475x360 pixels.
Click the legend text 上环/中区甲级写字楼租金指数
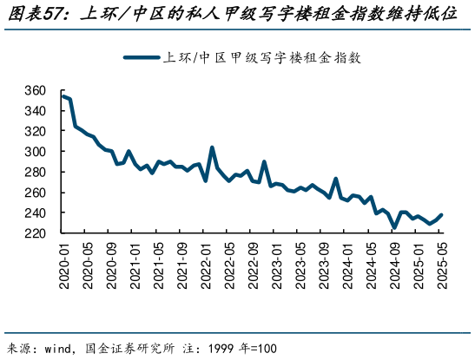click(x=261, y=58)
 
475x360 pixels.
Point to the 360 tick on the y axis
click(x=34, y=90)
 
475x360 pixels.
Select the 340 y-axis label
click(x=34, y=111)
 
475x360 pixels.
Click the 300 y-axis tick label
click(x=34, y=152)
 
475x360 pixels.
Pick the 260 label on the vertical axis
click(x=34, y=193)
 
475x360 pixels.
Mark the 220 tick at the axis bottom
click(x=34, y=233)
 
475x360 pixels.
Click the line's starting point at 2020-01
click(x=63, y=96)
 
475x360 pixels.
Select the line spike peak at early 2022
click(x=212, y=147)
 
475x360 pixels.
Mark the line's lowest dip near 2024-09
click(x=394, y=228)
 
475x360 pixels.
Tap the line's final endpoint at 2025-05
click(x=441, y=215)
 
